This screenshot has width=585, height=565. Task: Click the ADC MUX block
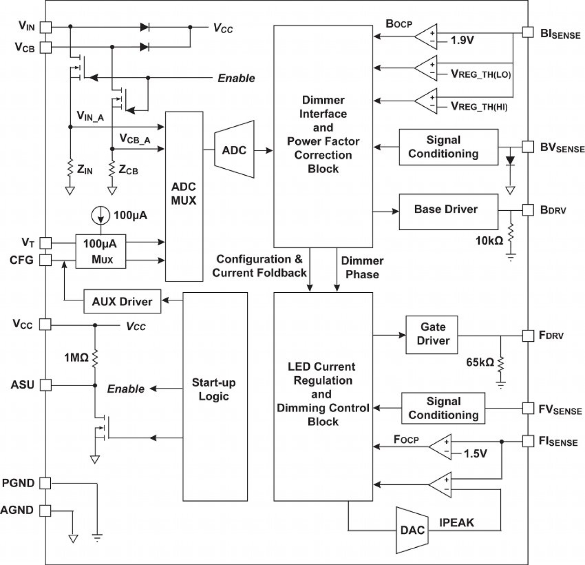[184, 196]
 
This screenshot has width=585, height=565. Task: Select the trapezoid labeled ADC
[234, 150]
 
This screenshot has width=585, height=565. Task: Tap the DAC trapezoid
[412, 530]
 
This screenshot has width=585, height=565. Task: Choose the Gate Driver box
[432, 334]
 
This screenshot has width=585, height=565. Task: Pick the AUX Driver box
[122, 302]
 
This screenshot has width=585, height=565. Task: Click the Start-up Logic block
[214, 396]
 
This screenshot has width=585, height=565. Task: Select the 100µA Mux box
[101, 251]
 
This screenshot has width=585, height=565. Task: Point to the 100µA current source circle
[101, 215]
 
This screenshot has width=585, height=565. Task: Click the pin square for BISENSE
[527, 32]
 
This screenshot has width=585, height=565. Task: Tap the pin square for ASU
[45, 385]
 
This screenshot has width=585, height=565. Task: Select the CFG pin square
[45, 260]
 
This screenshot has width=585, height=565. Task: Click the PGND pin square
[45, 483]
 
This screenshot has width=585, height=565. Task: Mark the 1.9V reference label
[462, 41]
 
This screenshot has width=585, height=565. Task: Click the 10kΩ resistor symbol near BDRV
[510, 234]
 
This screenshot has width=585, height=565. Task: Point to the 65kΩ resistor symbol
[501, 364]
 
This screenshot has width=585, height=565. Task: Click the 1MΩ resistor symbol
[95, 358]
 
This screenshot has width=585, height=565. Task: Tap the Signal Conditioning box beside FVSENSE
[443, 408]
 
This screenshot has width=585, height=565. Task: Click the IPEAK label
[456, 523]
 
